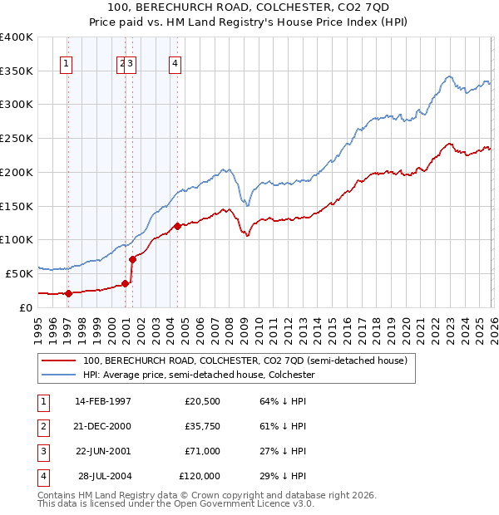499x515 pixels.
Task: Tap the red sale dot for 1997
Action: [x=69, y=292]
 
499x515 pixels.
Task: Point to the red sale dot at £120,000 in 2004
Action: [x=178, y=226]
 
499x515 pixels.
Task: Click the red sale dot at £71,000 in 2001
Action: [x=132, y=259]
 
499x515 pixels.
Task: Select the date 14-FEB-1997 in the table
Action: [x=103, y=401]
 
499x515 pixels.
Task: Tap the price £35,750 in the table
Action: [x=200, y=426]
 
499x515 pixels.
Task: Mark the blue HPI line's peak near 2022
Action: [x=448, y=76]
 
